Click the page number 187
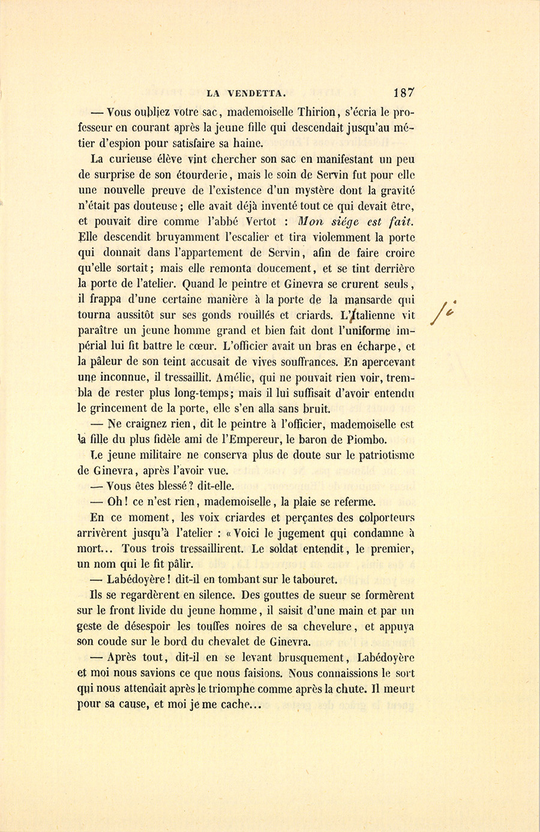[404, 92]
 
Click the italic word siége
[349, 222]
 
